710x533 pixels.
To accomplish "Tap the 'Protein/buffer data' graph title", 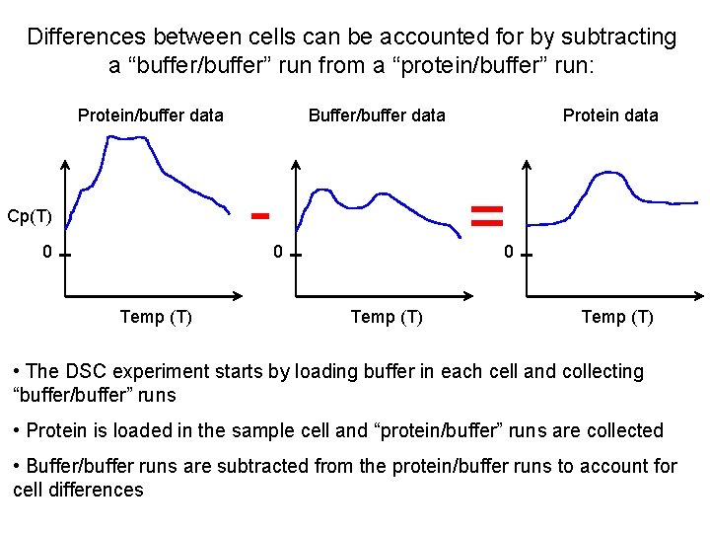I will point(150,115).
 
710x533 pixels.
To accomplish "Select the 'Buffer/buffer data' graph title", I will point(377,115).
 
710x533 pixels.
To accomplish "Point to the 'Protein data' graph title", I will point(609,115).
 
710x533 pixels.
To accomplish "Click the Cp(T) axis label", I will point(30,215).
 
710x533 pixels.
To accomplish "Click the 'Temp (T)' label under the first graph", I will point(155,317).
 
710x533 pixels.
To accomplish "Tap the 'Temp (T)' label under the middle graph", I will point(388,317).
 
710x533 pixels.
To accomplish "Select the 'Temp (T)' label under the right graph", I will point(617,317).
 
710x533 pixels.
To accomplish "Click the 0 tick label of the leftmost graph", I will point(47,252).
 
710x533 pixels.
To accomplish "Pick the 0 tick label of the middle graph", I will point(279,252).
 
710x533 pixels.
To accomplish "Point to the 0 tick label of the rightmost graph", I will point(508,252).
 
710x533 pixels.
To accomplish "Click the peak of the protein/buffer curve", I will point(123,137).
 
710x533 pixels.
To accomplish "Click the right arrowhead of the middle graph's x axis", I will point(469,295).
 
